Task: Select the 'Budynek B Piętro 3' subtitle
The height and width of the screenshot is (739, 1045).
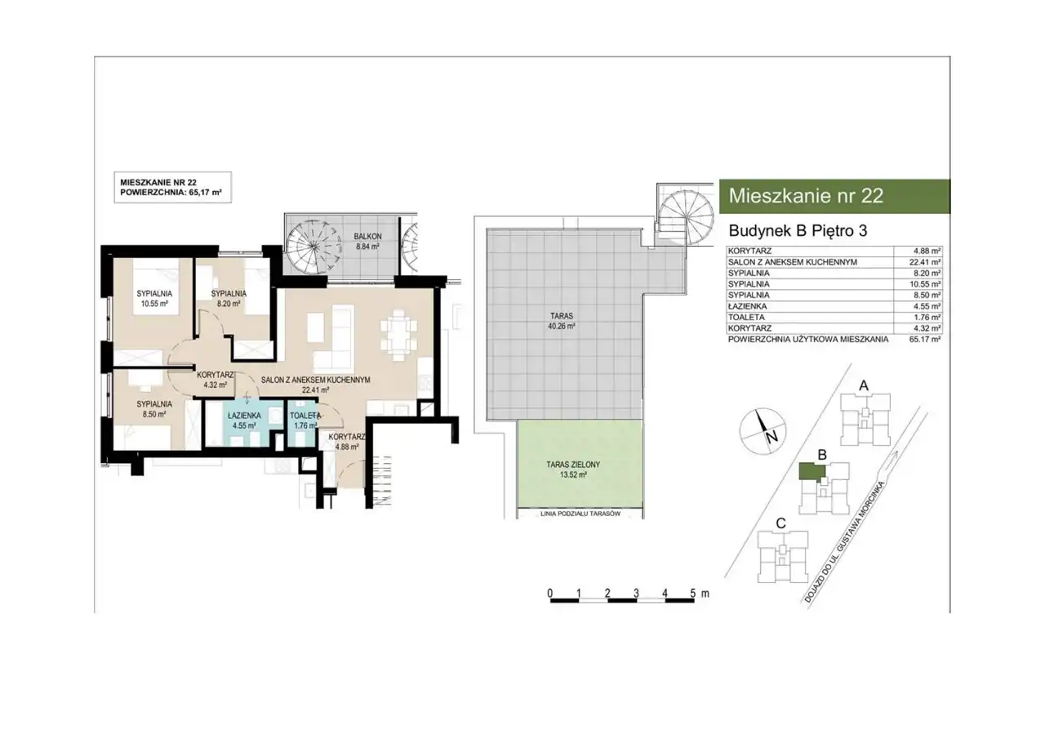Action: coord(798,231)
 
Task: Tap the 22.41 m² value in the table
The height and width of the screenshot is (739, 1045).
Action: coord(925,262)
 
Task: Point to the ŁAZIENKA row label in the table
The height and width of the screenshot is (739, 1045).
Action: coord(747,306)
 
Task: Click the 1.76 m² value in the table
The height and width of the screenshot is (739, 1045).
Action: coord(927,318)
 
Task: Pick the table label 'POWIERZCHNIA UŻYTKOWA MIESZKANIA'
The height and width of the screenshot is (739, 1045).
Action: coord(808,340)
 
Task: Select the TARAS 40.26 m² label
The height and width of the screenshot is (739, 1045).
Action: coord(561,322)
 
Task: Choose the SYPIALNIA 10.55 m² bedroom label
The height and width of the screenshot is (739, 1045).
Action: coord(154,299)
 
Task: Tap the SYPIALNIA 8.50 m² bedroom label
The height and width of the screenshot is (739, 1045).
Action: coord(154,409)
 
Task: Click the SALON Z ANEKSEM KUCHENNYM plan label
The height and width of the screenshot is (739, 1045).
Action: coord(316,385)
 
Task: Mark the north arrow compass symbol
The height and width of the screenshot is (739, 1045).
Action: coord(763,431)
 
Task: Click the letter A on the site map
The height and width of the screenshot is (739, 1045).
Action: coord(864,385)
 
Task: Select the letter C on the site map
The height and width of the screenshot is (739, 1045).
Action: coord(780,523)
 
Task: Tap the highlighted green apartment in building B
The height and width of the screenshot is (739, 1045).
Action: coord(812,471)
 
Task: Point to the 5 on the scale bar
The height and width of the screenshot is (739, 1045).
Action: coord(693,593)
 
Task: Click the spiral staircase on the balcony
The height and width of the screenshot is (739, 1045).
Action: coord(312,246)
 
